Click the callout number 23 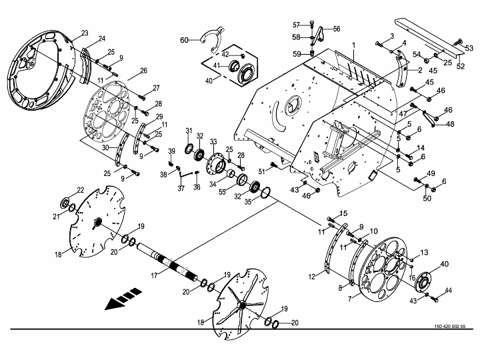85,33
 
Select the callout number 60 184,40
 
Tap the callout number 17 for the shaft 155,276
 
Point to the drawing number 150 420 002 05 450,327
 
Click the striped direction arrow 123,299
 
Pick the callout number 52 460,66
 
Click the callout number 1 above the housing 353,45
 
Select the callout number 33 213,142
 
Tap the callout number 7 350,299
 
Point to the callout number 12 312,276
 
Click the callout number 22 81,190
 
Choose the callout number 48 450,124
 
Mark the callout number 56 337,29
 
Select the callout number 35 247,202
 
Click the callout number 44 448,290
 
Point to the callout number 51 262,171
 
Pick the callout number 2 420,70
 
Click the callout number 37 181,188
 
